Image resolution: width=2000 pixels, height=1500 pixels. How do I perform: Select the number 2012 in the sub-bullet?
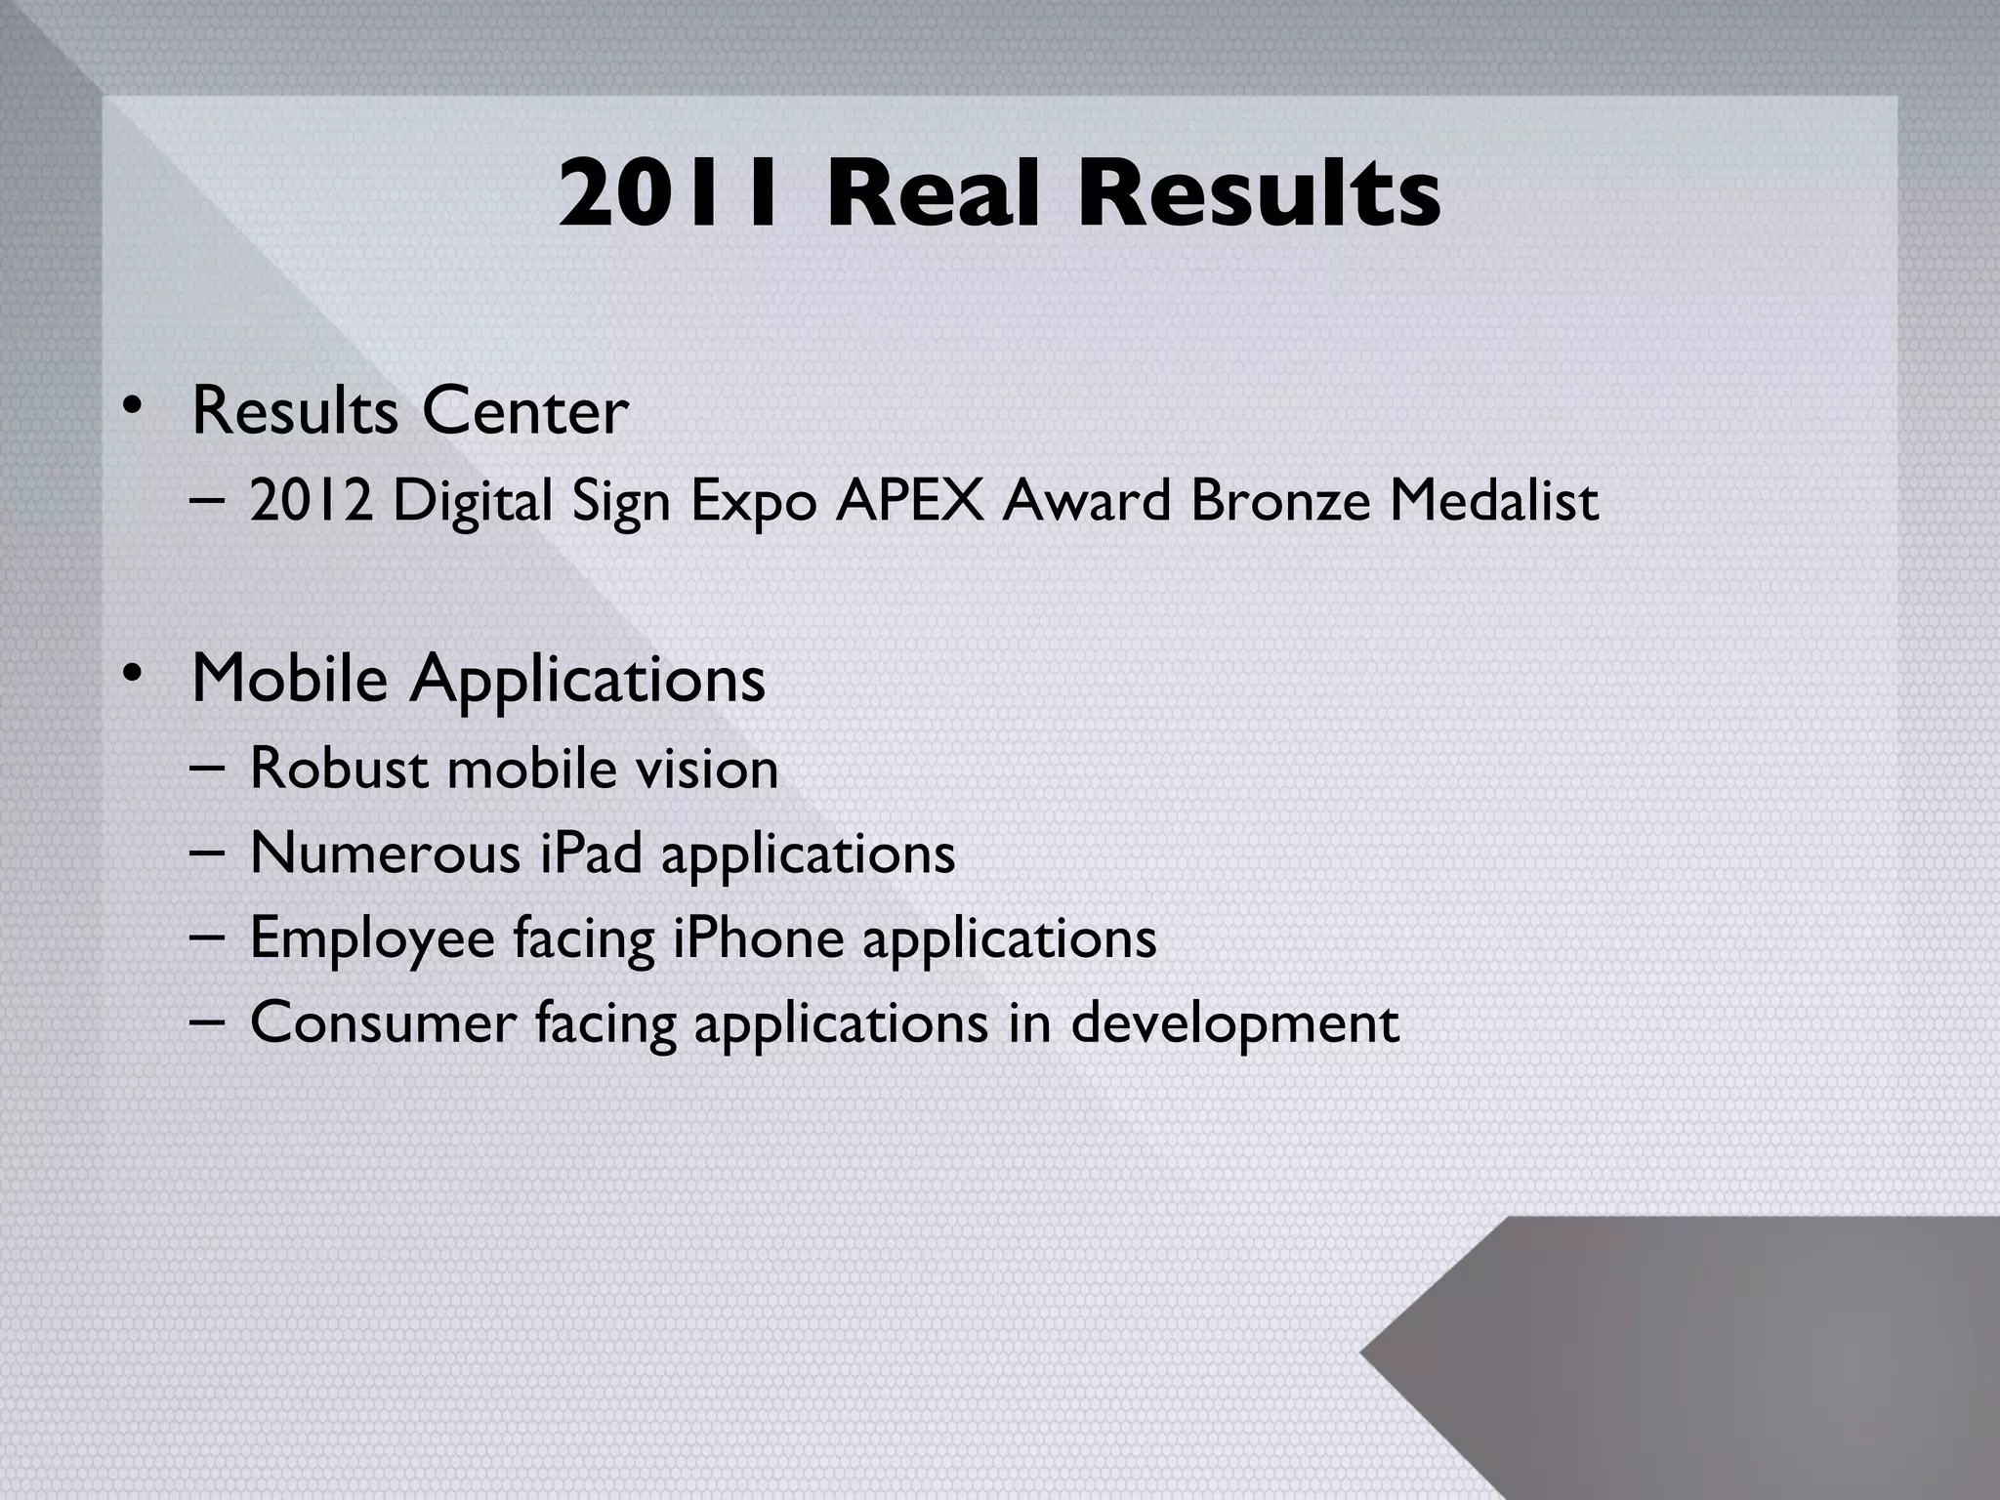click(x=311, y=501)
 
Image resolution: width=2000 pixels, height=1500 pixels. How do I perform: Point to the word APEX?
click(x=909, y=501)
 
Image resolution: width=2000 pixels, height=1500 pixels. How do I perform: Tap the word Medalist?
click(x=1493, y=501)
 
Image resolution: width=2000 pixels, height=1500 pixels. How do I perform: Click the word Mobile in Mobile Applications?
click(x=290, y=678)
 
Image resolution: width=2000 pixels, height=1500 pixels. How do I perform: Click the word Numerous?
click(x=386, y=854)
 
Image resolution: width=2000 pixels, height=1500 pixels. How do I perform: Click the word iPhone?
click(x=759, y=938)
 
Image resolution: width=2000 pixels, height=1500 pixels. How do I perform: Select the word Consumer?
click(x=383, y=1023)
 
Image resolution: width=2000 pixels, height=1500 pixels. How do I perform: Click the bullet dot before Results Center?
click(x=132, y=407)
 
